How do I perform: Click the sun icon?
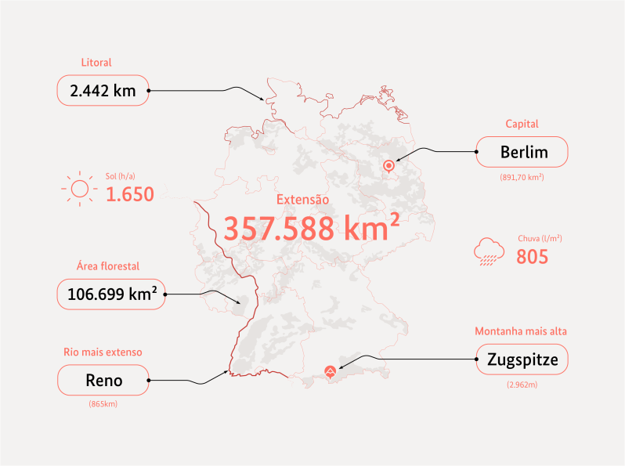coord(79,189)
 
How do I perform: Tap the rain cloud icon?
coord(489,252)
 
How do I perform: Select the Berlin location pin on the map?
coord(388,167)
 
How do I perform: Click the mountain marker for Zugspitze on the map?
coord(331,372)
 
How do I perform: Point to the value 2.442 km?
coord(103,91)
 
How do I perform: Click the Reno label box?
coord(103,381)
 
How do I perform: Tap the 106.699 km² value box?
coord(112,294)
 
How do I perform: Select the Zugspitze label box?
coord(522,361)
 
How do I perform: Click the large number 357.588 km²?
coord(305,229)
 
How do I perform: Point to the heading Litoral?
coord(96,63)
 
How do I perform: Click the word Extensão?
coord(303,200)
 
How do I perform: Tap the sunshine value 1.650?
coord(129,195)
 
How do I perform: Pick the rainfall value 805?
coord(532,256)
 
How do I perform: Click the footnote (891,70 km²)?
coord(522,178)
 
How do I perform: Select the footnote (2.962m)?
coord(522,385)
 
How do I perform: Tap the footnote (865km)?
coord(103,404)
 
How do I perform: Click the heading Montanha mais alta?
coord(521,331)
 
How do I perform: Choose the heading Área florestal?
coord(108,266)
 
